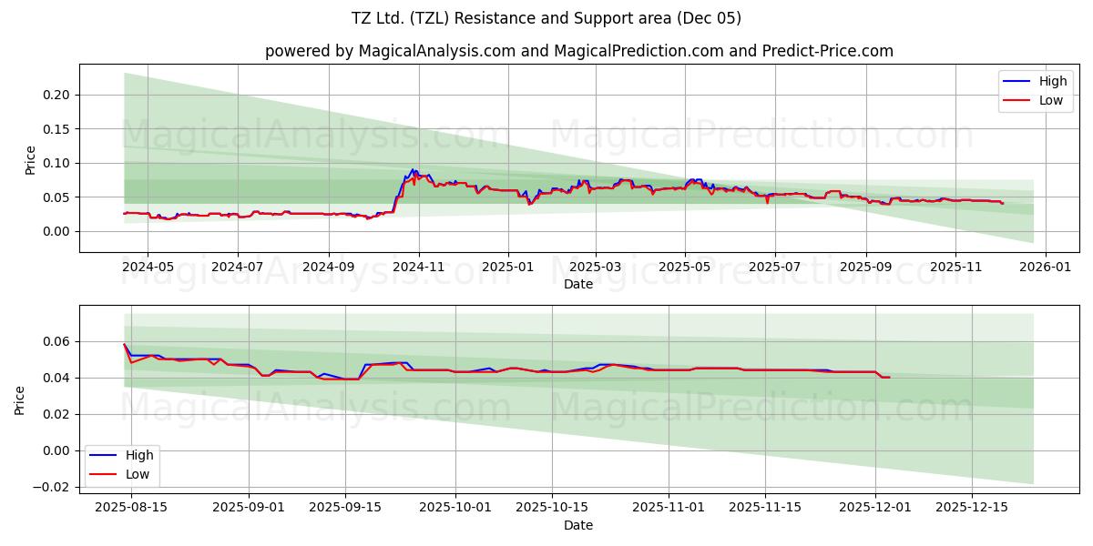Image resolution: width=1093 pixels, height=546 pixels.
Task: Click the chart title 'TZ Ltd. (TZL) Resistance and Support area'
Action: pyautogui.click(x=546, y=18)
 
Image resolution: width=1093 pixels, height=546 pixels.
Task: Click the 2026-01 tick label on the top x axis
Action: pyautogui.click(x=1045, y=268)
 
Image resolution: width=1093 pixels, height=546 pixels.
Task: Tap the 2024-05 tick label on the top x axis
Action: pyautogui.click(x=148, y=268)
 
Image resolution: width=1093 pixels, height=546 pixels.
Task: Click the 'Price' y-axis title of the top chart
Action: pyautogui.click(x=30, y=159)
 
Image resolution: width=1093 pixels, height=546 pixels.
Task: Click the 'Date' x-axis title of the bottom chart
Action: pyautogui.click(x=578, y=525)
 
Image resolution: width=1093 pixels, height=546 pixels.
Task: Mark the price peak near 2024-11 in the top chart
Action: pyautogui.click(x=413, y=170)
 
